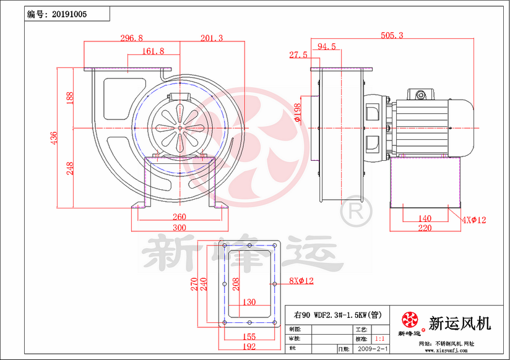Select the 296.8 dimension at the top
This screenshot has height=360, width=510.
point(131,38)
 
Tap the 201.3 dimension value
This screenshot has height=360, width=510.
point(211,38)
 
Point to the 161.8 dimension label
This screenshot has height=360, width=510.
point(153,51)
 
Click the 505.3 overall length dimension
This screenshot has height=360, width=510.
point(391,36)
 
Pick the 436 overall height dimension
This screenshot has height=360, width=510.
point(54,137)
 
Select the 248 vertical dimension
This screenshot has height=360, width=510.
point(69,168)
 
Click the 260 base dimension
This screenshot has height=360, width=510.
point(179,217)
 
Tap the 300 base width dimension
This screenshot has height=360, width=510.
point(179,228)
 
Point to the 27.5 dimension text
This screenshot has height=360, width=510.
point(298,56)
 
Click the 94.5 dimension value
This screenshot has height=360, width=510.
point(327,46)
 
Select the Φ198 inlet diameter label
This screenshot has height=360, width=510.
point(298,111)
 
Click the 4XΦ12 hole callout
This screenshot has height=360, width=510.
point(475,220)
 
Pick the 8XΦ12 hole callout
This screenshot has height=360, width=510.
point(301,281)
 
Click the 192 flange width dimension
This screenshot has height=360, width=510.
point(249,347)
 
